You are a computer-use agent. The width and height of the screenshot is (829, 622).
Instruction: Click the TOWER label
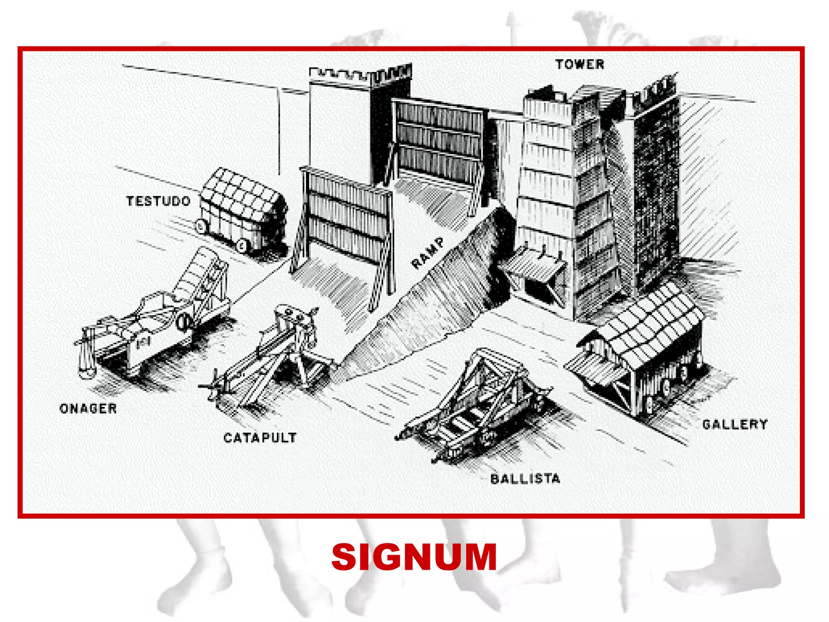click(579, 64)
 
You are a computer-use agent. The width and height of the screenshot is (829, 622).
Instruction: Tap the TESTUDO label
click(158, 201)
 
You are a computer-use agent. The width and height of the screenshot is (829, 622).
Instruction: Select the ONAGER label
click(88, 408)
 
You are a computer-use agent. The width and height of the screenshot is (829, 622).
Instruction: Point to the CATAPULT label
click(260, 437)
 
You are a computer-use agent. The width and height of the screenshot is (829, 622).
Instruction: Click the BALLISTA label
click(525, 479)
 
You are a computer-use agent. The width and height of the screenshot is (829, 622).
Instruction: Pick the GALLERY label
click(735, 424)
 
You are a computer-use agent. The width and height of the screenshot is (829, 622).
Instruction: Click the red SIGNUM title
click(414, 558)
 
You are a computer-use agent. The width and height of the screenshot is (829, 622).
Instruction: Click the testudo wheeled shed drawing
click(243, 209)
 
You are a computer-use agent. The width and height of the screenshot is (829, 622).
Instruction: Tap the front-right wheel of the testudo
click(242, 245)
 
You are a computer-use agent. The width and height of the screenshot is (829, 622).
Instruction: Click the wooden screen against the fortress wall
click(439, 140)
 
